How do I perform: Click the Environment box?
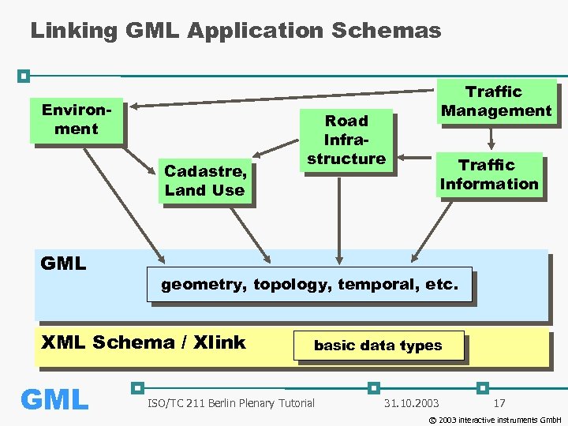tap(76, 120)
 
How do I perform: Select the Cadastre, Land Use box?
tap(204, 180)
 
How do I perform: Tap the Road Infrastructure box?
tap(346, 140)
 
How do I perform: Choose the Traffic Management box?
tap(496, 101)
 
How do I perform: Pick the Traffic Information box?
tap(489, 174)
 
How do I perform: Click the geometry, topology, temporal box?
tap(309, 285)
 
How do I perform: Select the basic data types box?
tap(378, 346)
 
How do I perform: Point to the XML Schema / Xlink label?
tap(143, 342)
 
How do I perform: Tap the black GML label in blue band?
tap(63, 263)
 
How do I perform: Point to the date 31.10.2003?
tap(411, 404)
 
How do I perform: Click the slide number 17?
tap(499, 404)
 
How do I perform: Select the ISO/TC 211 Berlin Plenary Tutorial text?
tap(230, 404)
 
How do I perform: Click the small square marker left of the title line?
tap(24, 76)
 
